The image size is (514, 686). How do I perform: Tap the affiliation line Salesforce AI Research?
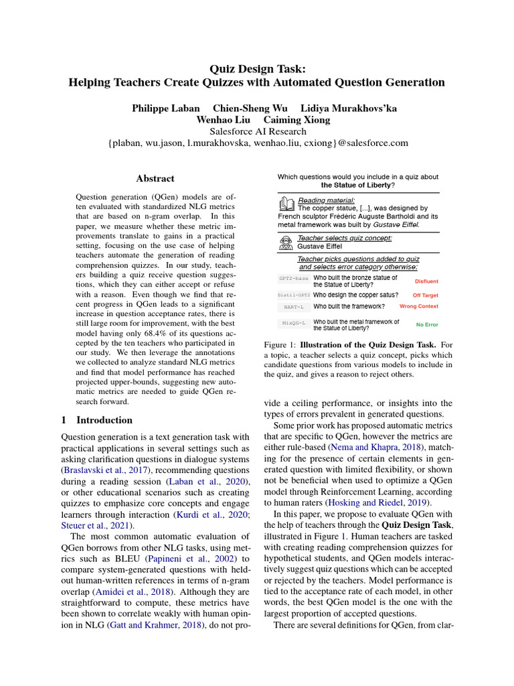pos(258,131)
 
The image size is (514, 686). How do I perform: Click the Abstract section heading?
pos(155,179)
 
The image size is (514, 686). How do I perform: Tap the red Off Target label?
pos(425,295)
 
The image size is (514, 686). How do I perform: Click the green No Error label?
pos(426,325)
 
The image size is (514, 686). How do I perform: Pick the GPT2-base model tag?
pos(293,278)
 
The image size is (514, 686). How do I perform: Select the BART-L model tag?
pos(293,307)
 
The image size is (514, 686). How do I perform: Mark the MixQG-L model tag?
pos(293,323)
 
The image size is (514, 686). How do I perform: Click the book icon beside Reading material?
pos(286,203)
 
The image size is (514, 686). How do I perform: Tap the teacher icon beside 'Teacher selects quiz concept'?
pos(286,241)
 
